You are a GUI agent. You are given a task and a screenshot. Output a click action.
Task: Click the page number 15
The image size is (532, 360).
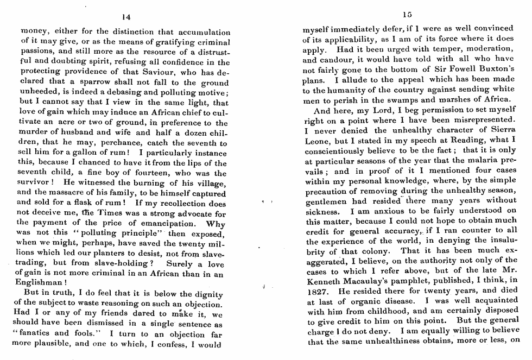[408, 15]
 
